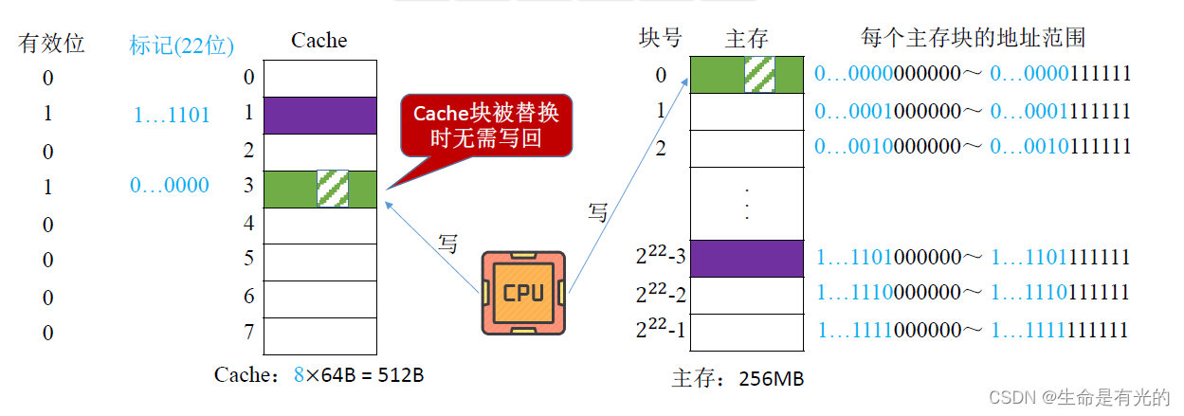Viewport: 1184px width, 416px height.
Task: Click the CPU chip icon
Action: [523, 292]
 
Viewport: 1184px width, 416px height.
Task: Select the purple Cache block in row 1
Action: [319, 115]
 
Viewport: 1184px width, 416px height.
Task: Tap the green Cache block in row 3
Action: [319, 188]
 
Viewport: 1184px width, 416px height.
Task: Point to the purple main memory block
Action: [746, 257]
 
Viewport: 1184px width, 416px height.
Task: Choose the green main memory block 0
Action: [746, 75]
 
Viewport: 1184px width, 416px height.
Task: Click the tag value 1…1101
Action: [172, 115]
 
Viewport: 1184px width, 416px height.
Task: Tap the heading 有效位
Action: [51, 43]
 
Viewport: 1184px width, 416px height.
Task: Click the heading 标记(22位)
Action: [182, 44]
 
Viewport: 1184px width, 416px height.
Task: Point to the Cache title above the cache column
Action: [319, 40]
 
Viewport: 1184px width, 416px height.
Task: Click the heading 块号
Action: [661, 38]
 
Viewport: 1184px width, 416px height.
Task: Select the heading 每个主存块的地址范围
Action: [973, 38]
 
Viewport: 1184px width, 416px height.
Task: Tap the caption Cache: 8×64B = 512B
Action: [319, 374]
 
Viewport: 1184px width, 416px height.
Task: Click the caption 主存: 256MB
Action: [738, 379]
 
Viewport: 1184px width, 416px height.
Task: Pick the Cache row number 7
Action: [248, 333]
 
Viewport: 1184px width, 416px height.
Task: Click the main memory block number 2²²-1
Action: [660, 331]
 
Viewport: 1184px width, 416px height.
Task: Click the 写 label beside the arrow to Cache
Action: [448, 244]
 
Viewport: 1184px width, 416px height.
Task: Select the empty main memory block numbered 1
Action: [746, 111]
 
